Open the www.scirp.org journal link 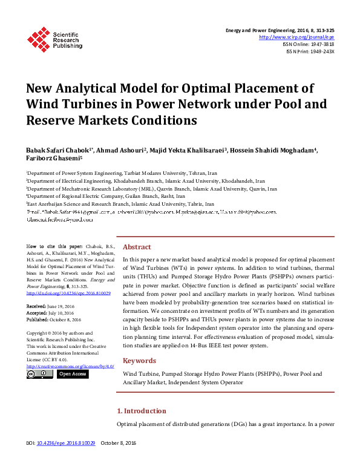coord(296,37)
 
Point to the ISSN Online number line coord(309,44)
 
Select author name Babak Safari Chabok coord(59,149)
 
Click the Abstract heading coord(137,247)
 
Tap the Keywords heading coord(139,361)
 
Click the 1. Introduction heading coord(141,411)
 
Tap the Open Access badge coord(73,374)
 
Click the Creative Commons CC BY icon coord(40,374)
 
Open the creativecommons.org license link coord(70,365)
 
